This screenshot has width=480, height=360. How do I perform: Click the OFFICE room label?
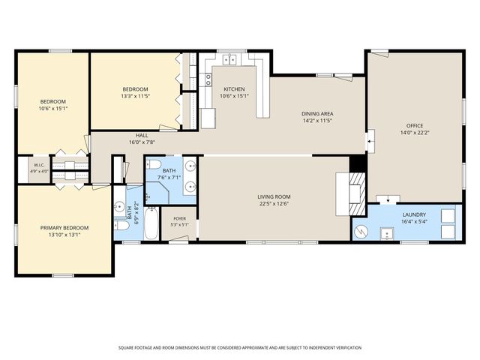point(415,125)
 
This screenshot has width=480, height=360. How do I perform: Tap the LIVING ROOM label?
point(274,196)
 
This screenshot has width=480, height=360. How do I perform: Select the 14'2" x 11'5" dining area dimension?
point(317,121)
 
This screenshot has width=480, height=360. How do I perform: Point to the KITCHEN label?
point(234,89)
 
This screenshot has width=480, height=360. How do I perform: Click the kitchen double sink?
point(229,59)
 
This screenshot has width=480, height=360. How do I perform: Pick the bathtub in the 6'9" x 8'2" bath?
point(151,223)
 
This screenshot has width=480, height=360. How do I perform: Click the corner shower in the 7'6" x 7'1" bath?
point(157,193)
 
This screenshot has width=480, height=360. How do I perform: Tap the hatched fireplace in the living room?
point(357,193)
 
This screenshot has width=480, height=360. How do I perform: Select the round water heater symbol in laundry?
point(361,232)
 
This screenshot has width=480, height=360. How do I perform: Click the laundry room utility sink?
point(387,234)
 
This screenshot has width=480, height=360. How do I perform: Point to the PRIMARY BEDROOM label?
point(64,228)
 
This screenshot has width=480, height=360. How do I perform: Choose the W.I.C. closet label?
point(39,165)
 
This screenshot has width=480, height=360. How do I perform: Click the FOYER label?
point(180,218)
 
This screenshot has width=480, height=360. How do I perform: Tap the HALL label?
point(142,135)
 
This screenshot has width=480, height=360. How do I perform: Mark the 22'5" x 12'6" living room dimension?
point(274,204)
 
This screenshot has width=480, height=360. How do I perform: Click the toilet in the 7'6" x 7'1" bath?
point(154,165)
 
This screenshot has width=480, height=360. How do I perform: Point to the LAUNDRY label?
point(414,215)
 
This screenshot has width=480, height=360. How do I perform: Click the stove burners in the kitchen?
point(208,79)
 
